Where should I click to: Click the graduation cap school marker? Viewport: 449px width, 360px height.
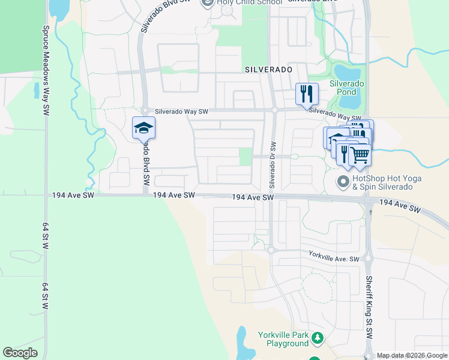click(x=143, y=128)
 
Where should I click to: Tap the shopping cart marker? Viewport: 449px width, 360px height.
click(x=360, y=154)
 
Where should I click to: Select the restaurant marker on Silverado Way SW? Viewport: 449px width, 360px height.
click(x=307, y=94)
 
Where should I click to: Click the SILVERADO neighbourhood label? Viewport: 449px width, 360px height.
click(x=268, y=70)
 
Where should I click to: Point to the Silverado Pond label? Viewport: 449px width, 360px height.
click(x=346, y=88)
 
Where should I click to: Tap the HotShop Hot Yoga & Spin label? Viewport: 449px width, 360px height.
click(x=387, y=182)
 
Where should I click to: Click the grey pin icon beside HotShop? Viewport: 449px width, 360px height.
click(x=343, y=181)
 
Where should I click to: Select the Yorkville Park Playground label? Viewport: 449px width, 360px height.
click(x=283, y=338)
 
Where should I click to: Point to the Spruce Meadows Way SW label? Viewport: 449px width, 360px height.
click(x=46, y=71)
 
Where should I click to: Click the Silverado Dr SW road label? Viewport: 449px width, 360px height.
click(x=273, y=163)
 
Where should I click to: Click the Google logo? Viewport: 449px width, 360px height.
click(x=20, y=353)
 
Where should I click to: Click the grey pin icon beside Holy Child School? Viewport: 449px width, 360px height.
click(x=208, y=3)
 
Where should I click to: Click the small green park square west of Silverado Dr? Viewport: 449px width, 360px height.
click(x=246, y=157)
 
